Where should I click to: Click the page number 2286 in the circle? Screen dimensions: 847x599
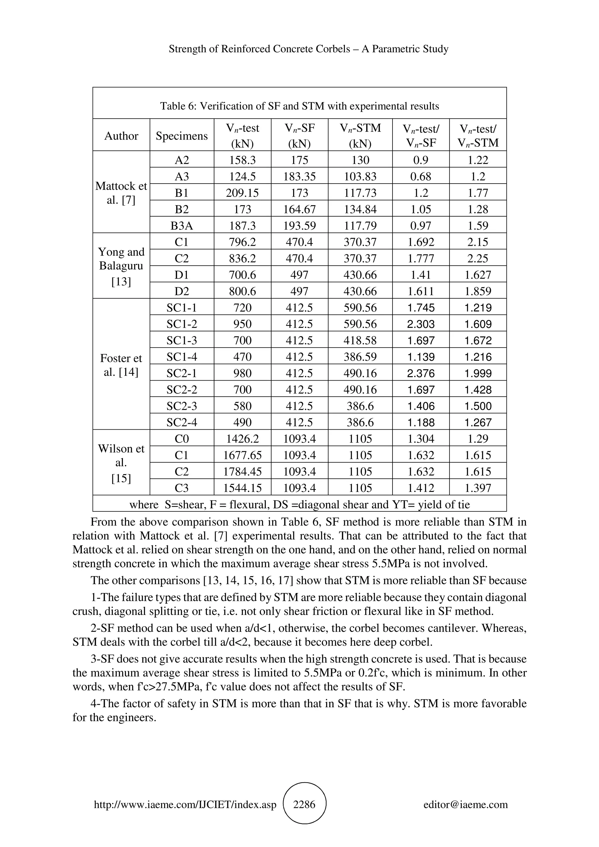point(304,804)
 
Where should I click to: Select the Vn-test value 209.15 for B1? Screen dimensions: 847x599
point(242,193)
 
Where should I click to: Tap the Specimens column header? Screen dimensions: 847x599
point(182,136)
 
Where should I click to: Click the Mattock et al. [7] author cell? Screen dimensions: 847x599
point(121,193)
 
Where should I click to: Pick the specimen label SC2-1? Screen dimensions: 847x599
point(182,373)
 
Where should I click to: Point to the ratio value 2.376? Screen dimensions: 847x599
point(421,373)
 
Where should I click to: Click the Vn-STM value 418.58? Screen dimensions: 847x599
point(360,340)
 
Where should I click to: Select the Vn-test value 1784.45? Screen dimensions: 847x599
point(242,472)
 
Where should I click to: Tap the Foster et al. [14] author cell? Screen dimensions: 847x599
point(121,365)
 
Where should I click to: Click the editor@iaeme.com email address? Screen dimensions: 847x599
point(465,805)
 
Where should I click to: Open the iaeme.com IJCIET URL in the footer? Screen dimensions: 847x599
point(185,805)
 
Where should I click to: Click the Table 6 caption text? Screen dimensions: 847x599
point(299,106)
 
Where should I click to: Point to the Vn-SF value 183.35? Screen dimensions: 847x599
point(299,176)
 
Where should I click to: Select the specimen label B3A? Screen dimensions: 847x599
point(182,226)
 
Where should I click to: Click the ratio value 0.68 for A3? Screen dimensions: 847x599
point(421,176)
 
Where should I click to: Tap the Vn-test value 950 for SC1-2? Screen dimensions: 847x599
point(242,324)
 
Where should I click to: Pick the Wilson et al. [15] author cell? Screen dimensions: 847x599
point(121,463)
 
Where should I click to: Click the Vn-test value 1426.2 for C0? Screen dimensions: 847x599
point(242,439)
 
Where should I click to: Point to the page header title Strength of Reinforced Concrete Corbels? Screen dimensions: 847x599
point(309,49)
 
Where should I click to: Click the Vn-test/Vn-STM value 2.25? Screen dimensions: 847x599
point(478,259)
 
